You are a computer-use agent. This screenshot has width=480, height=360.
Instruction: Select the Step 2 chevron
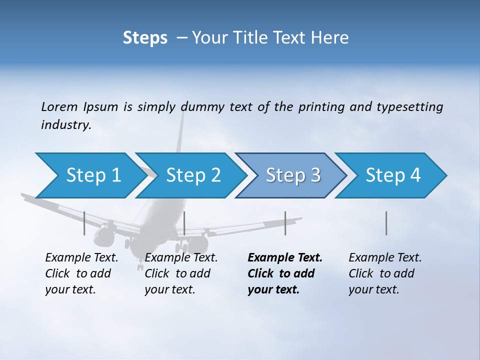tap(192, 175)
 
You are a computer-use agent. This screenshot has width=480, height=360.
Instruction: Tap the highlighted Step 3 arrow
tap(292, 175)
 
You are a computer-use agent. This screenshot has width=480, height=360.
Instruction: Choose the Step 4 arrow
tap(392, 175)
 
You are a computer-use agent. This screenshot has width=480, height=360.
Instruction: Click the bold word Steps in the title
tap(145, 38)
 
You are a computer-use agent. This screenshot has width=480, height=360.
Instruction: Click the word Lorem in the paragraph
tap(59, 106)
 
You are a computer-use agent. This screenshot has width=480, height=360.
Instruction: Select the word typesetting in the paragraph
tap(409, 107)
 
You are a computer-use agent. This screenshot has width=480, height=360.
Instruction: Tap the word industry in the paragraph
tap(65, 125)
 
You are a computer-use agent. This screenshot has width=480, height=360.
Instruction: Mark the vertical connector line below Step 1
tap(84, 223)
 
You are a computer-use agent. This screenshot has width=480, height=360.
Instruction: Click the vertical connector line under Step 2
tap(184, 223)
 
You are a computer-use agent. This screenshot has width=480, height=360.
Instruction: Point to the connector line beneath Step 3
tap(285, 223)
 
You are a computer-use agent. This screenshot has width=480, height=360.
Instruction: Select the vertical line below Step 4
tap(386, 223)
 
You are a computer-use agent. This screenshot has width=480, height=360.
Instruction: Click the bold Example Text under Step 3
tap(285, 258)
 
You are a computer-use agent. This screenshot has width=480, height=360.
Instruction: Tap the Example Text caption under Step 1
tap(81, 258)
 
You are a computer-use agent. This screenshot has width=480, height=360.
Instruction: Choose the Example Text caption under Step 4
tap(385, 258)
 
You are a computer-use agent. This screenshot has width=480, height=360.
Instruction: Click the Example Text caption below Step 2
tap(181, 258)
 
